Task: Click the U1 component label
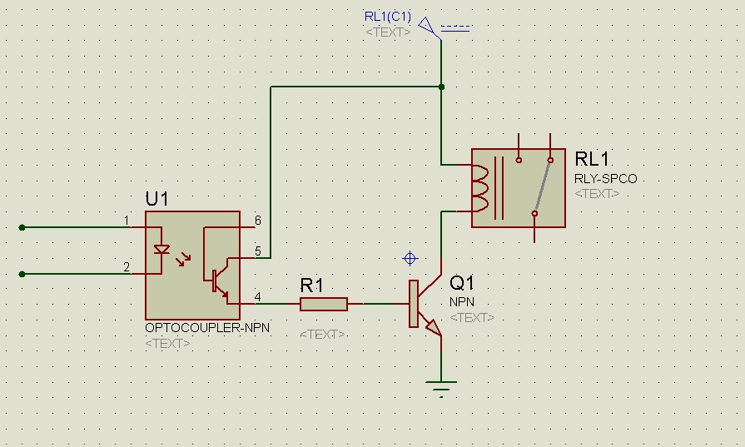tap(157, 199)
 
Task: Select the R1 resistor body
tap(324, 305)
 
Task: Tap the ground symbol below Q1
tap(441, 387)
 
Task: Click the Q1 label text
tap(463, 284)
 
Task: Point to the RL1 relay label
tap(592, 159)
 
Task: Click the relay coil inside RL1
tap(482, 187)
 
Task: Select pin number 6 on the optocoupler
tap(258, 221)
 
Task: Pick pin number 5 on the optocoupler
tap(258, 251)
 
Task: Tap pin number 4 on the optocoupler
tap(258, 297)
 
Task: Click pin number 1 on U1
tap(127, 221)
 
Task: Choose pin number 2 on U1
tap(127, 267)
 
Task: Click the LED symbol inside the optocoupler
tap(163, 249)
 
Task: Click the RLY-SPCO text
tap(605, 178)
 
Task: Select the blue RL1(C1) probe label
tap(388, 17)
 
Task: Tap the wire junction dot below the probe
tap(441, 87)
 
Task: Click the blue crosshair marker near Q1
tap(410, 258)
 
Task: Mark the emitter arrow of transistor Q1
tap(433, 329)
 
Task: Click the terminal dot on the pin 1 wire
tap(22, 226)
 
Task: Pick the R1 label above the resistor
tap(311, 286)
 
